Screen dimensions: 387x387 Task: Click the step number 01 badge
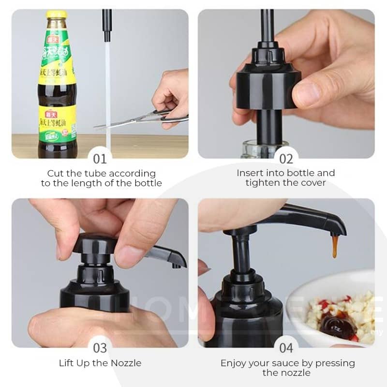click(100, 158)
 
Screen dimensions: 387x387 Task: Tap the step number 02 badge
click(286, 158)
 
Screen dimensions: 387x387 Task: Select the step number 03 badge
click(100, 347)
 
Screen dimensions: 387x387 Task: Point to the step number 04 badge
click(286, 347)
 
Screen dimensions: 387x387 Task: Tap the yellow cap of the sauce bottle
click(57, 14)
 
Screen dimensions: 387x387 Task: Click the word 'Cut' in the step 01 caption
click(55, 173)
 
